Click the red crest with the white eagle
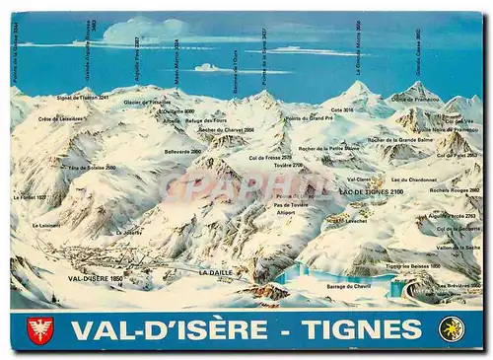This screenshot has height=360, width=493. click(40, 329)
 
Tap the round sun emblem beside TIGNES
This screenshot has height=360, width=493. click(452, 329)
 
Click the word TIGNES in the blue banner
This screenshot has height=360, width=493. click(361, 329)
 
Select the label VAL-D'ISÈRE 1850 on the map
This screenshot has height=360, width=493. click(96, 279)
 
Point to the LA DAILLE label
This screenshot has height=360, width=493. click(215, 272)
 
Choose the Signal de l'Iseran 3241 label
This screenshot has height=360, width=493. click(83, 98)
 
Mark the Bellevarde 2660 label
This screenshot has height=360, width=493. click(182, 152)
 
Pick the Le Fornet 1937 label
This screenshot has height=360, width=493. click(29, 197)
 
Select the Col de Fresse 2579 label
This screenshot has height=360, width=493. click(270, 157)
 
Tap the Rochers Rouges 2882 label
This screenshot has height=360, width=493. click(455, 190)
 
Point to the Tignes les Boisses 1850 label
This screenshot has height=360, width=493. click(413, 265)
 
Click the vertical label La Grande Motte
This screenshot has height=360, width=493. click(358, 47)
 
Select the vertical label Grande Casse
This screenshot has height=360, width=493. click(418, 52)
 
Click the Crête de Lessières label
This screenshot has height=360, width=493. click(61, 119)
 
